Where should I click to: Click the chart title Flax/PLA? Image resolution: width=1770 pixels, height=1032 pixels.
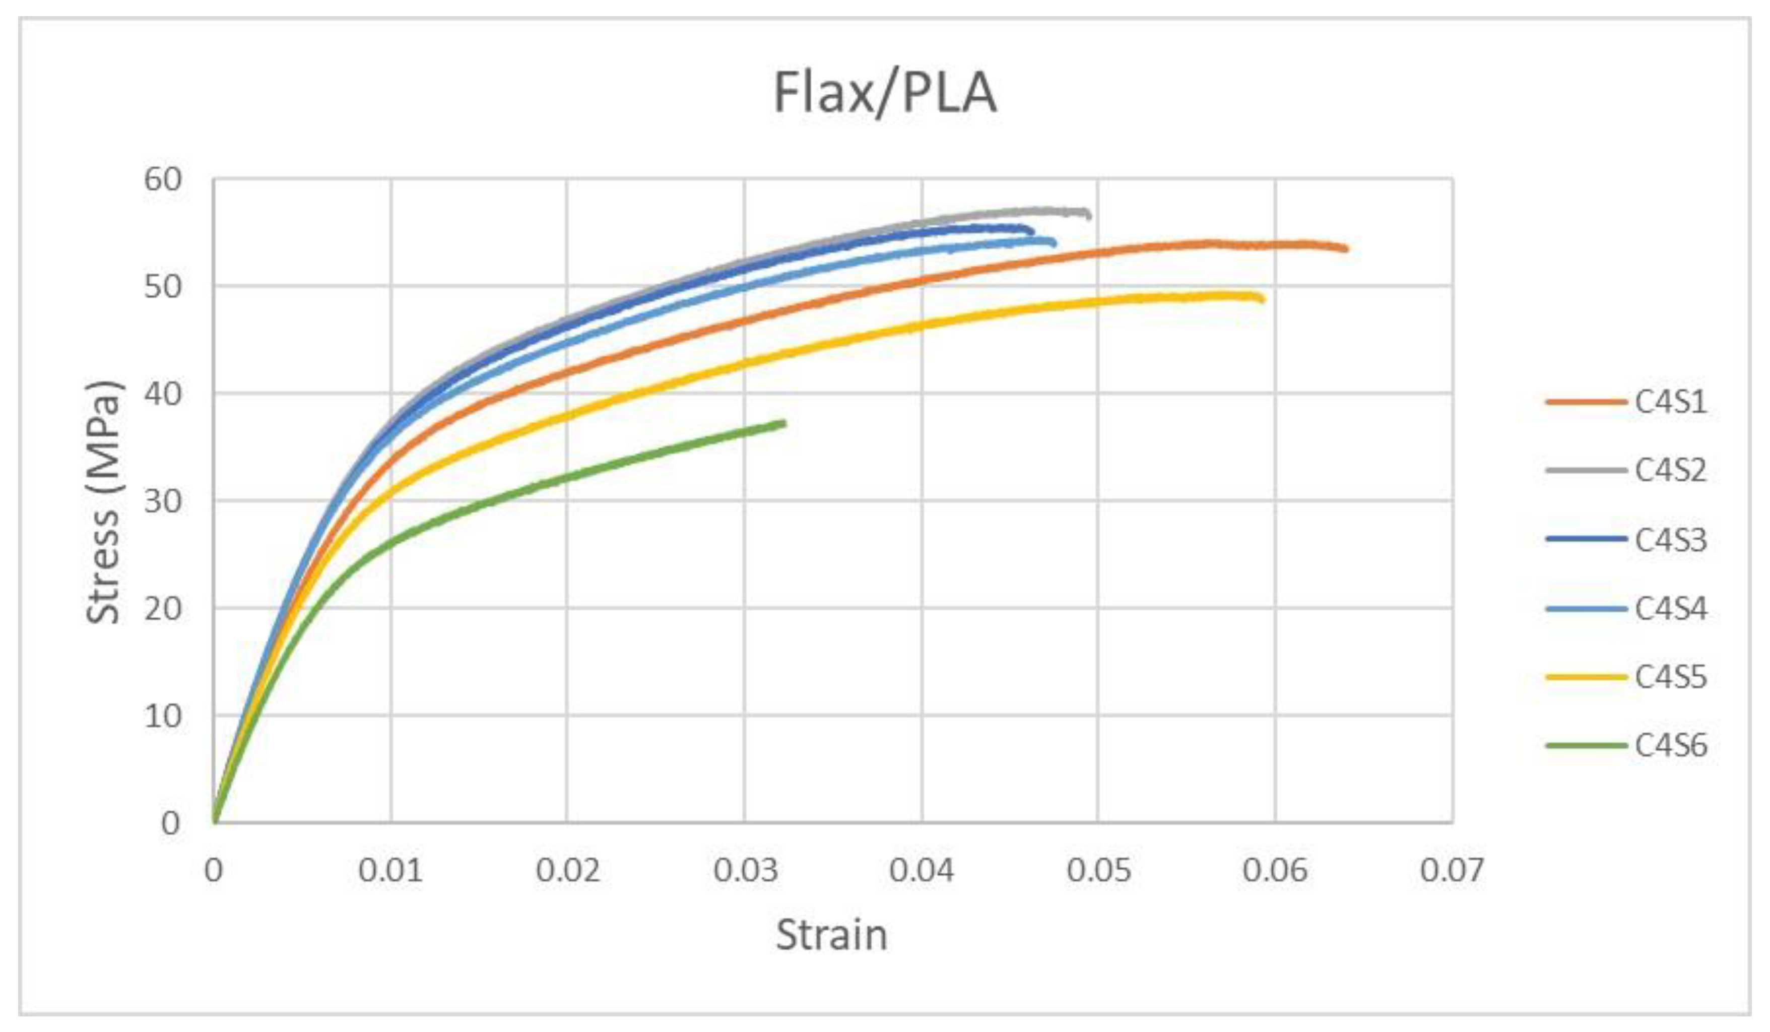[884, 93]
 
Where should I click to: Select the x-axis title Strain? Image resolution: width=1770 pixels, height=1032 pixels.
[832, 935]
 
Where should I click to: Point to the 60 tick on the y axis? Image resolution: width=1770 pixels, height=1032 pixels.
[163, 179]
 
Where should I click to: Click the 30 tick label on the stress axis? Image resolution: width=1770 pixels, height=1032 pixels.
[163, 501]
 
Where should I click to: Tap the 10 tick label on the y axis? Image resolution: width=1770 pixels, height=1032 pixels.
[163, 717]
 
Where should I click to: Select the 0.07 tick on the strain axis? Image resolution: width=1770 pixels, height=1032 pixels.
[1452, 870]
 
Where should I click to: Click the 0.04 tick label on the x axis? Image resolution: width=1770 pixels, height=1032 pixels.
[921, 870]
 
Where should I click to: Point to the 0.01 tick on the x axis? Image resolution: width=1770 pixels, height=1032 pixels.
[390, 870]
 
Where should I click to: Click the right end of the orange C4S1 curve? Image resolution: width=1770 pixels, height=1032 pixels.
[1346, 248]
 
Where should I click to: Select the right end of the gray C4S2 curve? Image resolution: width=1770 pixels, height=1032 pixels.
[1089, 215]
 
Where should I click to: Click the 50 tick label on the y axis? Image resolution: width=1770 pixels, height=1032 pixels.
[163, 287]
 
